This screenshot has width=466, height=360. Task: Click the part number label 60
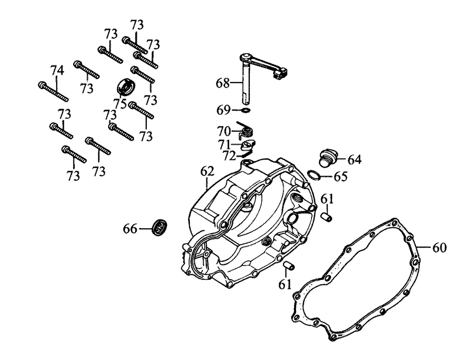coord(439,247)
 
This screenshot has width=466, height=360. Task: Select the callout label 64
coord(354,160)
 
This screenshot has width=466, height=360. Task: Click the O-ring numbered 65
coord(314,176)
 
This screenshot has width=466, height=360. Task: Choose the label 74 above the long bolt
coord(57,70)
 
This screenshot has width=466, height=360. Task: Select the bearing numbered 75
coord(124,87)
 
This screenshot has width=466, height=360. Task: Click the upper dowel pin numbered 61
coord(328,216)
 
